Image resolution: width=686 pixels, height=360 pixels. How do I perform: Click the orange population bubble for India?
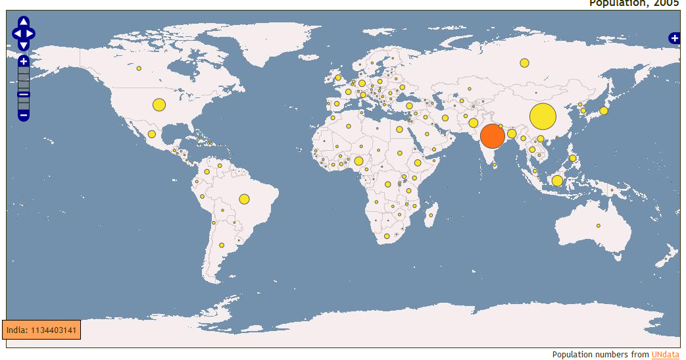[493, 136]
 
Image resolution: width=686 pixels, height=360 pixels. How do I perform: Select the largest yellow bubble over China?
[543, 116]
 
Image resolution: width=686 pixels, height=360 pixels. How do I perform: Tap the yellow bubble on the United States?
[159, 105]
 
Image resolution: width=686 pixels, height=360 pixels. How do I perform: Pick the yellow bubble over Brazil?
[244, 199]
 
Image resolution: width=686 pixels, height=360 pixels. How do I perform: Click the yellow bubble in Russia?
[524, 63]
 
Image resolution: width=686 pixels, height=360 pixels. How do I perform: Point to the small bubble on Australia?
[599, 226]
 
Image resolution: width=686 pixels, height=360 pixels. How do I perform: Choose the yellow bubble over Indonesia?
[557, 181]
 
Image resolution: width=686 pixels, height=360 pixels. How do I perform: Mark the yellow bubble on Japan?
[604, 111]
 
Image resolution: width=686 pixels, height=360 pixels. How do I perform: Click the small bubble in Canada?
[139, 68]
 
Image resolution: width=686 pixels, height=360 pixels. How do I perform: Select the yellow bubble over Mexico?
[152, 134]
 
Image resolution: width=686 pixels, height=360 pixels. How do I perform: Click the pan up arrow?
[23, 22]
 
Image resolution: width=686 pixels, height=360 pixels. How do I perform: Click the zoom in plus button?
[23, 61]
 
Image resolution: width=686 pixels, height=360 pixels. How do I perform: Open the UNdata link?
[665, 355]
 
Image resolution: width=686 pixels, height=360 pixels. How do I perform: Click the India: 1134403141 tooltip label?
[41, 330]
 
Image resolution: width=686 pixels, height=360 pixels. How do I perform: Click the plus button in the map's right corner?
[674, 38]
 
